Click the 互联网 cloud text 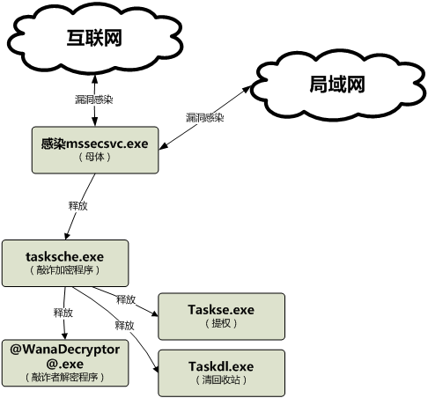tap(94, 38)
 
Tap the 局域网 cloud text tap(337, 85)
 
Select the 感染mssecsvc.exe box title tap(94, 144)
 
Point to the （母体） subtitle tap(94, 157)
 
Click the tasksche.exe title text tap(65, 256)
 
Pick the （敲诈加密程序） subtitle tap(65, 269)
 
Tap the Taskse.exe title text tap(221, 310)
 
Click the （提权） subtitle tap(221, 323)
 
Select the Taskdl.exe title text tap(221, 366)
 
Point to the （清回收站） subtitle tap(221, 380)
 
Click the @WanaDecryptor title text tap(65, 350)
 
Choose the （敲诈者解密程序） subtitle tap(65, 377)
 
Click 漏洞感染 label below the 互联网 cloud tap(94, 99)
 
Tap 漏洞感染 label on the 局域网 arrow tap(205, 118)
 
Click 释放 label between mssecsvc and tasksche tap(78, 206)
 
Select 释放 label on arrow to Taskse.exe tap(126, 299)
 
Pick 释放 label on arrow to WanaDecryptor tap(63, 313)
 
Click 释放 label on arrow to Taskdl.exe tap(125, 325)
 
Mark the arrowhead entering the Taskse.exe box tap(154, 313)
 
